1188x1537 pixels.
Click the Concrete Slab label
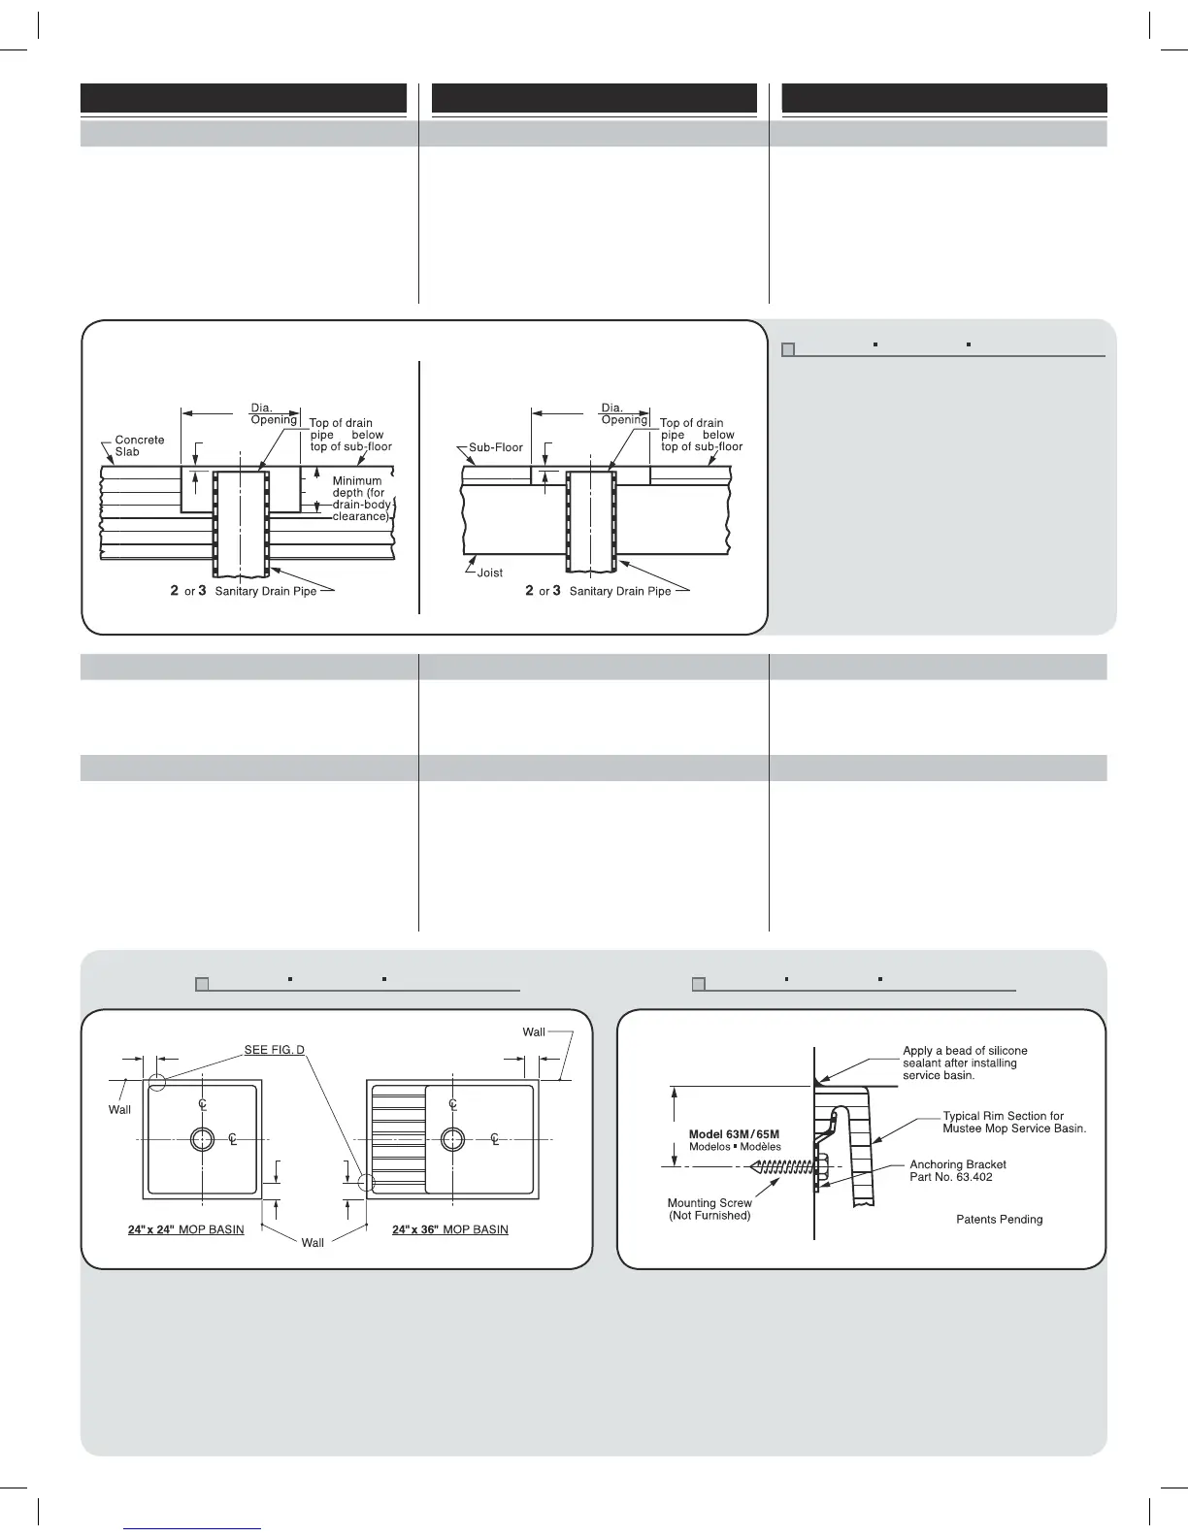click(x=139, y=445)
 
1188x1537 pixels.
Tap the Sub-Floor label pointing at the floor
click(x=495, y=448)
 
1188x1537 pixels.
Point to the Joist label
click(x=490, y=572)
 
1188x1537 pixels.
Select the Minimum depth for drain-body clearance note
click(x=361, y=499)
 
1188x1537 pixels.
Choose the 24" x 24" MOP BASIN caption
click(x=185, y=1229)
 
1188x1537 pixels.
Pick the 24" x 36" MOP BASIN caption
click(x=450, y=1229)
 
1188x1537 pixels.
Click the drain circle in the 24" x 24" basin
click(x=202, y=1138)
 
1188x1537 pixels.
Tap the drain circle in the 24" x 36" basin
click(x=452, y=1138)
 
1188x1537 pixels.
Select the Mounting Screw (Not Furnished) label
click(x=709, y=1209)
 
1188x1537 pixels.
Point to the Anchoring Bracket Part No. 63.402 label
click(x=957, y=1170)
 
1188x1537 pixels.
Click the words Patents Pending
click(x=999, y=1220)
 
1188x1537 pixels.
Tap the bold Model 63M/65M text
click(x=734, y=1134)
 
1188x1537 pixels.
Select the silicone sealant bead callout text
click(x=965, y=1063)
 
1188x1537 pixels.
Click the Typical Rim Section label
click(x=1013, y=1122)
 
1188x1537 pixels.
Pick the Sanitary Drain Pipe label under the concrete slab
click(x=265, y=591)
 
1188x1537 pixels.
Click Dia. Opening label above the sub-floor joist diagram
click(x=623, y=414)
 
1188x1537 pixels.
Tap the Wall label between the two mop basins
click(x=313, y=1243)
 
